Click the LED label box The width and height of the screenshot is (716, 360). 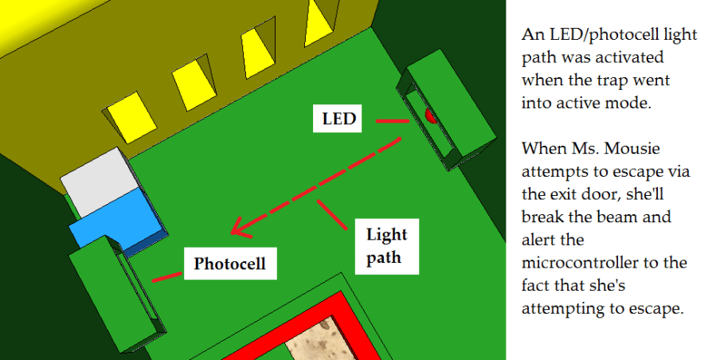tap(338, 120)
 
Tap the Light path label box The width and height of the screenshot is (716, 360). tap(386, 246)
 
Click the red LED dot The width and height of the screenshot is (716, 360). tap(431, 116)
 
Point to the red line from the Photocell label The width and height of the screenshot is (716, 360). tap(166, 277)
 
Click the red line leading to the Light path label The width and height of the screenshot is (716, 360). tap(334, 215)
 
